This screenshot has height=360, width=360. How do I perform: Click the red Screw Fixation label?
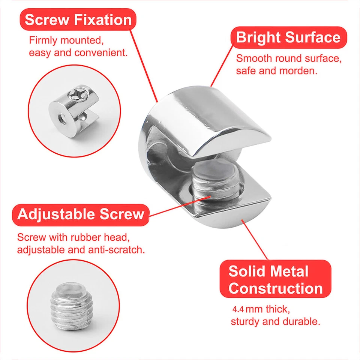coord(78,20)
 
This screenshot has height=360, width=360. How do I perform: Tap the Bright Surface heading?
coord(288,37)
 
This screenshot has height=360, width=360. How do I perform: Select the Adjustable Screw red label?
coord(81,214)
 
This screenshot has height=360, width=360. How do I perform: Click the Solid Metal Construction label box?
coord(275,279)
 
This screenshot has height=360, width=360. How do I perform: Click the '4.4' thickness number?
coord(238,310)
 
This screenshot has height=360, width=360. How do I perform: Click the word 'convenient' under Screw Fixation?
coord(101,52)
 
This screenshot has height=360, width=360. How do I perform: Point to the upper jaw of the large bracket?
coord(210,120)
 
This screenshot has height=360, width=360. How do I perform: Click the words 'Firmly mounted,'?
coord(66,40)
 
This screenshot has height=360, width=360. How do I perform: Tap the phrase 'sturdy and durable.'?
coord(275,321)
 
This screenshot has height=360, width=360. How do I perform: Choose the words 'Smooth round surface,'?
coord(288,58)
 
